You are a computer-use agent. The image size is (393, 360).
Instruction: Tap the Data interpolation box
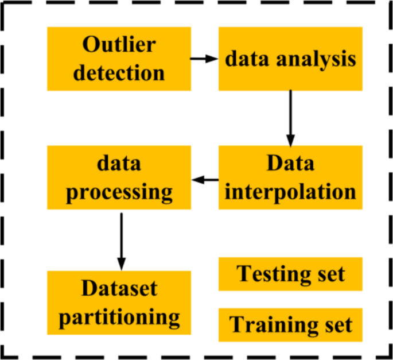click(290, 176)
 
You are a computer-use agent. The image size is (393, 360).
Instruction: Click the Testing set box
click(290, 274)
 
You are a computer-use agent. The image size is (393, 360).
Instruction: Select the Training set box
click(290, 324)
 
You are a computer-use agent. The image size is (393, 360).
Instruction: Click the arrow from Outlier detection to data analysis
click(204, 59)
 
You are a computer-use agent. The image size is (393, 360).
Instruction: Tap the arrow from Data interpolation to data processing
click(204, 180)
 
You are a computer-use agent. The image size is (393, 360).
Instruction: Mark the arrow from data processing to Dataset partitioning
click(120, 238)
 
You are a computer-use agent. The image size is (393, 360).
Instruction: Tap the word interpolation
click(290, 191)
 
